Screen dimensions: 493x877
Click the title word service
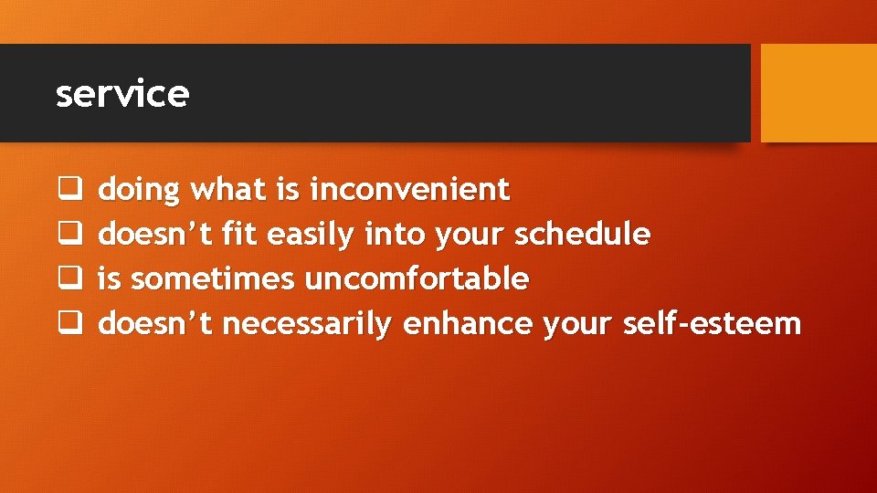(x=122, y=94)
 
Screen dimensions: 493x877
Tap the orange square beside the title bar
(x=819, y=93)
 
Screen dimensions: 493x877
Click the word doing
(x=139, y=191)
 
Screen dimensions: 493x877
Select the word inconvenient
(x=410, y=190)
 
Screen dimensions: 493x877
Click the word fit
(x=240, y=235)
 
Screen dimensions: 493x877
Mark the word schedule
(x=583, y=235)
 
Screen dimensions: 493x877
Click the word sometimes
(x=214, y=278)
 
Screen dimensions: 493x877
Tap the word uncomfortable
(x=417, y=278)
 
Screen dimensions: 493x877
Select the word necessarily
(x=308, y=324)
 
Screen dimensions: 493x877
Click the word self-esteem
(x=712, y=323)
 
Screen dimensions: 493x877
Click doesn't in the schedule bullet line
(x=156, y=235)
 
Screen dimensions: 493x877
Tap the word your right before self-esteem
(x=578, y=324)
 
